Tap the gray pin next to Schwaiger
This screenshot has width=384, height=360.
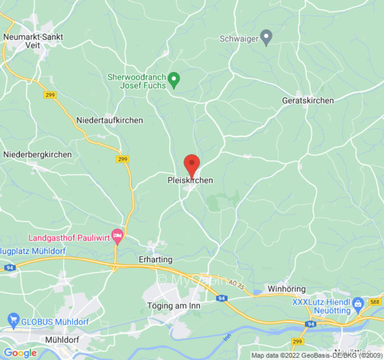267,37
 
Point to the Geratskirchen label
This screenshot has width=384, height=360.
308,100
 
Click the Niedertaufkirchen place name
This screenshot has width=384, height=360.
109,120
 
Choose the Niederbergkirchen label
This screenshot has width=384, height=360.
37,154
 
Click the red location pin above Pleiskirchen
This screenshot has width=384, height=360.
192,164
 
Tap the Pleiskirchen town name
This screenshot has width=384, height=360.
190,180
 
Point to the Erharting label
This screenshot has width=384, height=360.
155,260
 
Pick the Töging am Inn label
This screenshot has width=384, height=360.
174,306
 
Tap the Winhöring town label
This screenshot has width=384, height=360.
286,289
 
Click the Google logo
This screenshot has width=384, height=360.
20,353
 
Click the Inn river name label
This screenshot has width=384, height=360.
227,337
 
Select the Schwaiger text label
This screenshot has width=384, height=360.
239,39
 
